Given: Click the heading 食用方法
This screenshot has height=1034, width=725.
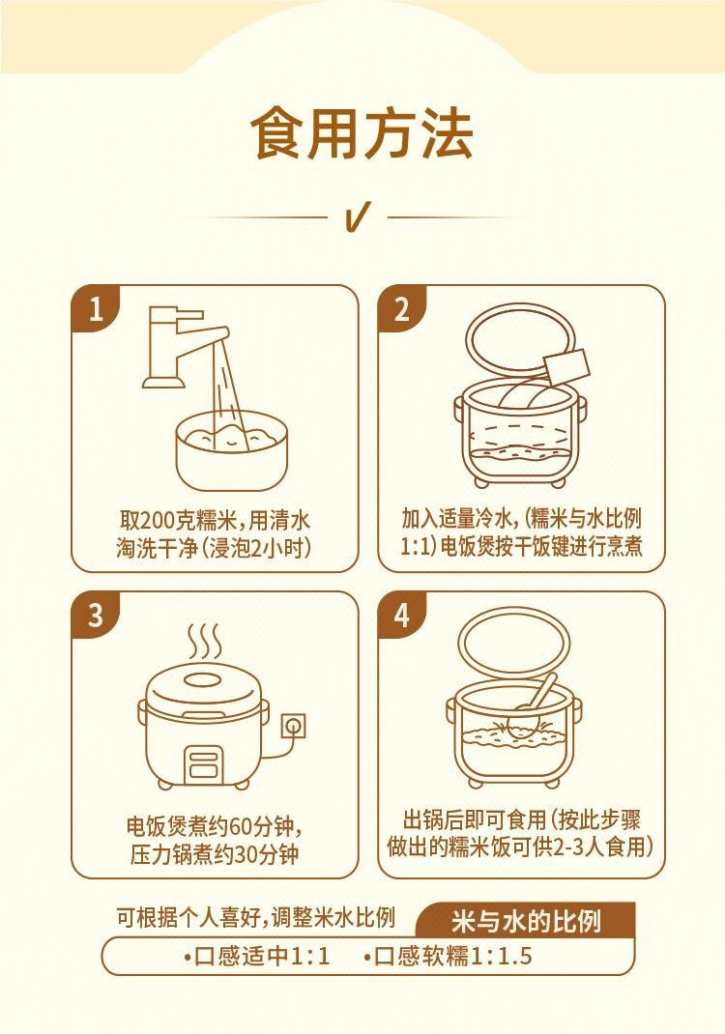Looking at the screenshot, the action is point(362,134).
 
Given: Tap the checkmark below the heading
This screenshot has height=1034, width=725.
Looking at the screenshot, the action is point(357,216).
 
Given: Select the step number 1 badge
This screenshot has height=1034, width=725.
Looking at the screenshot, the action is point(95,308).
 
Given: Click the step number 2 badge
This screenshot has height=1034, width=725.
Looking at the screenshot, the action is point(402,308).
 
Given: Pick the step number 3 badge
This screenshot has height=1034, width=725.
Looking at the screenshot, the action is point(95,615).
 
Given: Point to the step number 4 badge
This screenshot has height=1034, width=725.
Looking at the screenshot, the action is point(402,615).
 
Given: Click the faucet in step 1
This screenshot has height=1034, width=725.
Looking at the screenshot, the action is point(178,346).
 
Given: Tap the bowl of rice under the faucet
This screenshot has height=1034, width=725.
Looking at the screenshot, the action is point(232,450).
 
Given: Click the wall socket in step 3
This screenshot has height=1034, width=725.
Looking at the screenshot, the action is point(294,726).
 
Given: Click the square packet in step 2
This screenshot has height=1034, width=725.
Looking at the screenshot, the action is point(566,367).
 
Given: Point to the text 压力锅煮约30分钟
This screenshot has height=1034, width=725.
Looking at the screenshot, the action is point(215,855).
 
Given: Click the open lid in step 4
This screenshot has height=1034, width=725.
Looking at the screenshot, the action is point(514,643).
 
